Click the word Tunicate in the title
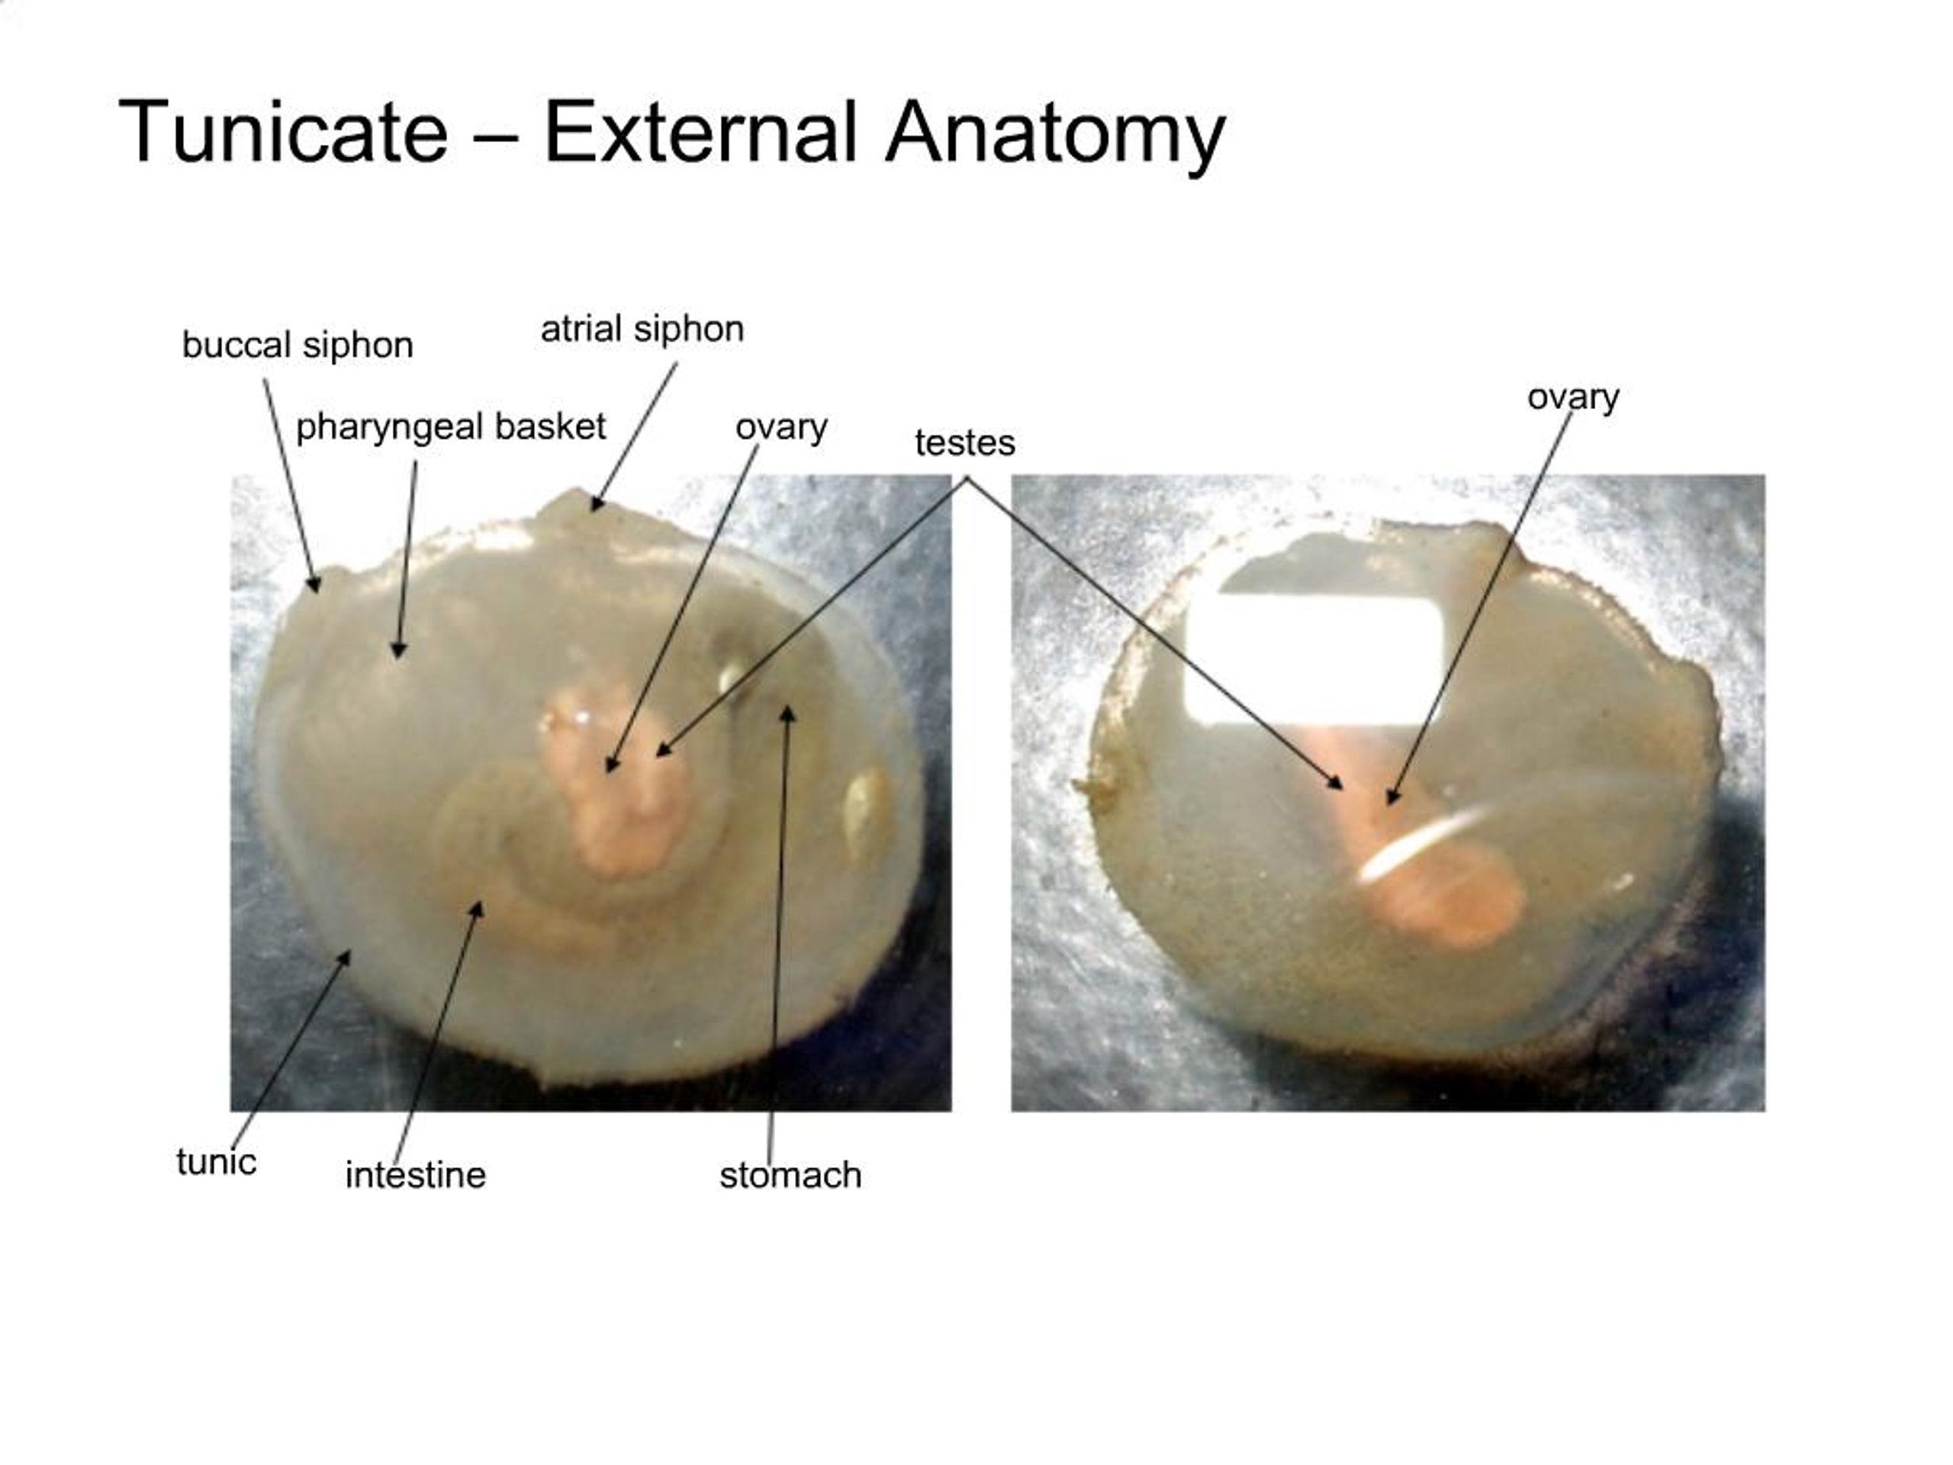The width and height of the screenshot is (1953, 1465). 282,133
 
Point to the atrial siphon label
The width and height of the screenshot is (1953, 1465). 642,330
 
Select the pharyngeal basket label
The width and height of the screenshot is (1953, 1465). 450,427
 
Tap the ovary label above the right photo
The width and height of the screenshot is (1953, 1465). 1572,398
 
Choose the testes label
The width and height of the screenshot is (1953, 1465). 964,443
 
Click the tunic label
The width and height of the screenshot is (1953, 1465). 217,1162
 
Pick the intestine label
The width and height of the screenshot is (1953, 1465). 415,1175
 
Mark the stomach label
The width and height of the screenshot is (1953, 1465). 790,1175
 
